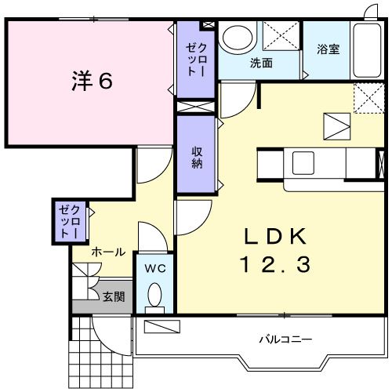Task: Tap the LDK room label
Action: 274,236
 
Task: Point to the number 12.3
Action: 274,265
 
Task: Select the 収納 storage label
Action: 196,158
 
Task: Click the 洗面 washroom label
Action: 261,63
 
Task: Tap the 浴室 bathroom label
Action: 328,49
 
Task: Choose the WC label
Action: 154,268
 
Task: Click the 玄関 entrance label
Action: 113,297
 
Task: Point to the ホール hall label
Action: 108,252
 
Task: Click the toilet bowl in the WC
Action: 154,296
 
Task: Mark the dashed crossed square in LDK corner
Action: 365,98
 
